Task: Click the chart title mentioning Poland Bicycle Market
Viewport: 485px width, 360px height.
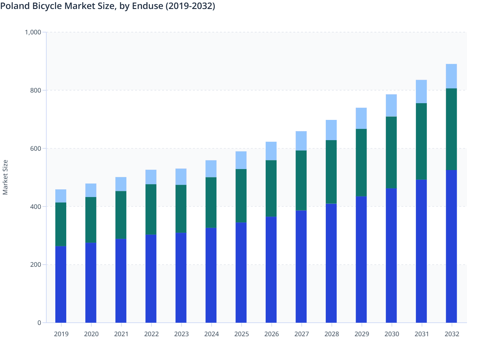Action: click(107, 6)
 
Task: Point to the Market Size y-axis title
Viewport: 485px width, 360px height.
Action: click(5, 177)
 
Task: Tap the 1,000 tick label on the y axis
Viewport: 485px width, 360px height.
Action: click(33, 32)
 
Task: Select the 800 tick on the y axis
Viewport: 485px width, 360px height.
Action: click(36, 90)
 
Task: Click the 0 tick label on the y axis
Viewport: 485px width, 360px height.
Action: click(39, 323)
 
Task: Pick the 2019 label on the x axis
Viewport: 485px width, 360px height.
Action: click(61, 334)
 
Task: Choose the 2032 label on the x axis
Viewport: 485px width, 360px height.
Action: click(452, 334)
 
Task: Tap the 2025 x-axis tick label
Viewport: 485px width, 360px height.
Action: click(241, 334)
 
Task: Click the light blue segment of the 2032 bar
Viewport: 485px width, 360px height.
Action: click(451, 76)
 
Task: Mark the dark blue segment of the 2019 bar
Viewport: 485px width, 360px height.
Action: click(61, 284)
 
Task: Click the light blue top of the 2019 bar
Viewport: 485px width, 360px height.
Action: click(61, 196)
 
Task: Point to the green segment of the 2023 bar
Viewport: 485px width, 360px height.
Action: click(181, 209)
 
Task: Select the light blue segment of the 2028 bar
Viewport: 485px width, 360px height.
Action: click(331, 130)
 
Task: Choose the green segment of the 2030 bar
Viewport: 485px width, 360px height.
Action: click(391, 152)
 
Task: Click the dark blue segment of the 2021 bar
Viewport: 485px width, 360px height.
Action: click(121, 281)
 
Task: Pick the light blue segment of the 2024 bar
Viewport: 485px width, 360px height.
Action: click(211, 169)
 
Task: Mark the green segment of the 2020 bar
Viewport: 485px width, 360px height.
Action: click(91, 220)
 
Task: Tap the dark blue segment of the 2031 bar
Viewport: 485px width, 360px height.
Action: click(421, 251)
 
